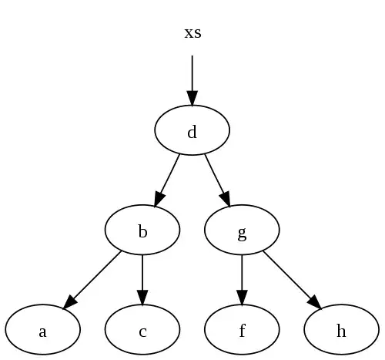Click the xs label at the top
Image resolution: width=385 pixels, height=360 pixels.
[192, 33]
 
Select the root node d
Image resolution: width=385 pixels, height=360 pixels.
[192, 130]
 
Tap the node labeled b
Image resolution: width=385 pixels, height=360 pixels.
[142, 230]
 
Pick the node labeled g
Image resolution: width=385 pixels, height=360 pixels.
[242, 230]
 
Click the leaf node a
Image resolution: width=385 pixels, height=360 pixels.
[43, 329]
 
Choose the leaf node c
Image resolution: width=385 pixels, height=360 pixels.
[142, 329]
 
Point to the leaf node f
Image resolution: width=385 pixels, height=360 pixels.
[242, 329]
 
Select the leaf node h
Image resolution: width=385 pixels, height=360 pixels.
[341, 329]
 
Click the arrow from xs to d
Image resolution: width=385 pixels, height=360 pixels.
[192, 80]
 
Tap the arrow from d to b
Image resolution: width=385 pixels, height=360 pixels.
[166, 180]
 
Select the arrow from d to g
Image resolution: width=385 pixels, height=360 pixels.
[218, 180]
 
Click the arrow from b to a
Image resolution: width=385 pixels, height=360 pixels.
[92, 280]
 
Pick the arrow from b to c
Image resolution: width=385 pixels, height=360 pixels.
[142, 280]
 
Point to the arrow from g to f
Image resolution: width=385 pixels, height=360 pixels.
[242, 280]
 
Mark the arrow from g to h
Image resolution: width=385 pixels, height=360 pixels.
[293, 280]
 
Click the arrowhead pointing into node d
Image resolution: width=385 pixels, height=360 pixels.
[192, 99]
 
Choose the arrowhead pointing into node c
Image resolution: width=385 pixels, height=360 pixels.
[142, 298]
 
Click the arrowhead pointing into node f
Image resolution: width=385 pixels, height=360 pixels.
[242, 298]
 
